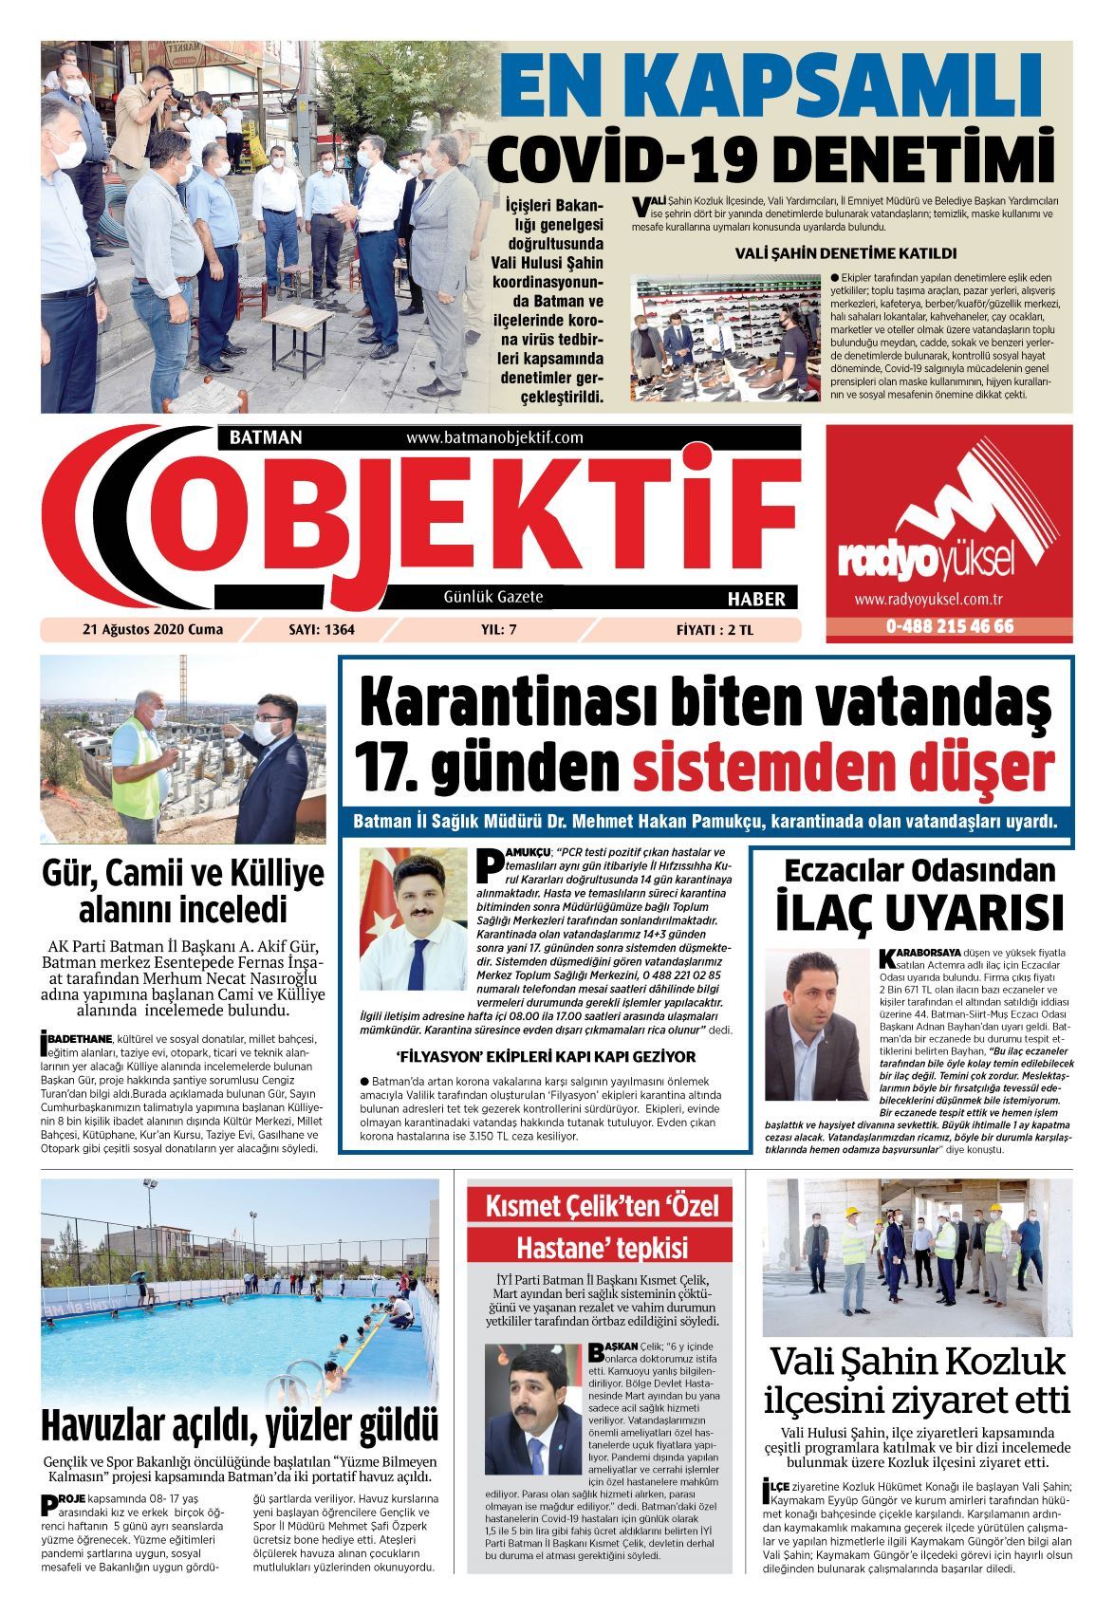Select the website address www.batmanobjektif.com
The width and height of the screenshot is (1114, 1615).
[x=494, y=437]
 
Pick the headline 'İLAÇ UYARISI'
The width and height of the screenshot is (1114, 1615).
[x=919, y=913]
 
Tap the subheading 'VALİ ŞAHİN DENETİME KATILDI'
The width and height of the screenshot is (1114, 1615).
[x=845, y=253]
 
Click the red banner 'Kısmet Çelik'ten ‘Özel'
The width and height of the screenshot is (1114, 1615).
[x=602, y=1206]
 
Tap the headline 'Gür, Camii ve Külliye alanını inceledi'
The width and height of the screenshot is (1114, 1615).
[x=183, y=891]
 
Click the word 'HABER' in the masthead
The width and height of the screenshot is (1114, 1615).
[x=756, y=599]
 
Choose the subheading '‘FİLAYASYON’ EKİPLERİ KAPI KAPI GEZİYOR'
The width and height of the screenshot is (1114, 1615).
[x=546, y=1056]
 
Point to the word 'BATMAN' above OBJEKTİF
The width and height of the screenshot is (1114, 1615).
[x=266, y=437]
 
